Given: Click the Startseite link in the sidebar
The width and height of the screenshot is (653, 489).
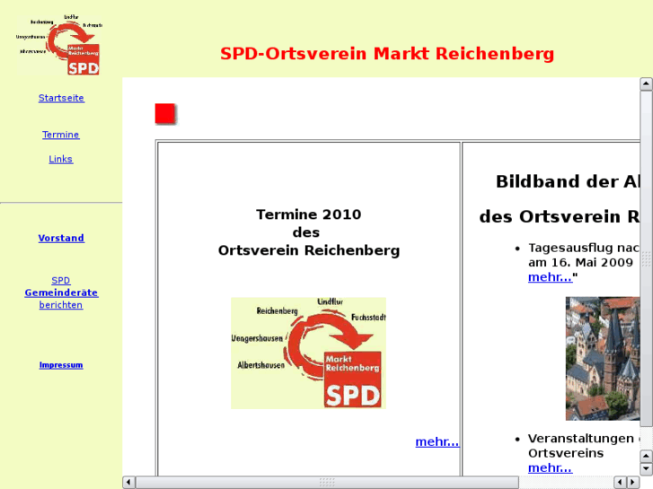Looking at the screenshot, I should (x=61, y=98).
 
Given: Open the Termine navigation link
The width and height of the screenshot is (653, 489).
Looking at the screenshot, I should (x=61, y=135).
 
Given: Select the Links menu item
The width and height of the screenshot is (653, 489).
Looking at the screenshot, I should (x=61, y=159).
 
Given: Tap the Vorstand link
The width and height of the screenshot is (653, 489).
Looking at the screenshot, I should (x=61, y=238).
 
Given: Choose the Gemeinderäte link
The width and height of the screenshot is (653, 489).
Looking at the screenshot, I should (x=61, y=293).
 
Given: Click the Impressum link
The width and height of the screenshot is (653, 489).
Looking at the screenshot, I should (x=61, y=365).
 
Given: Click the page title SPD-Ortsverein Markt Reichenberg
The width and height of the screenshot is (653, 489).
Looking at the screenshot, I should (x=387, y=54).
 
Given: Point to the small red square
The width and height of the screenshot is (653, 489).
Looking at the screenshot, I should (x=164, y=114).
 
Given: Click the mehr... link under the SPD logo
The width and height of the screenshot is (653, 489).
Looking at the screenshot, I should (x=437, y=441).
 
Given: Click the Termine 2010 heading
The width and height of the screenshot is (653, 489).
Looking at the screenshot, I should (x=308, y=214).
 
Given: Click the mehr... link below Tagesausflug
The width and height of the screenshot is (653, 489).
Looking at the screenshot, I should (x=550, y=277).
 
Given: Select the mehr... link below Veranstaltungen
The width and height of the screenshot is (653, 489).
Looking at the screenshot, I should (x=550, y=467).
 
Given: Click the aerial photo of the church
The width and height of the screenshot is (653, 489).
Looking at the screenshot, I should (x=602, y=358).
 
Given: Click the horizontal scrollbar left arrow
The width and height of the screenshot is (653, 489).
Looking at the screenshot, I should (x=129, y=482).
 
